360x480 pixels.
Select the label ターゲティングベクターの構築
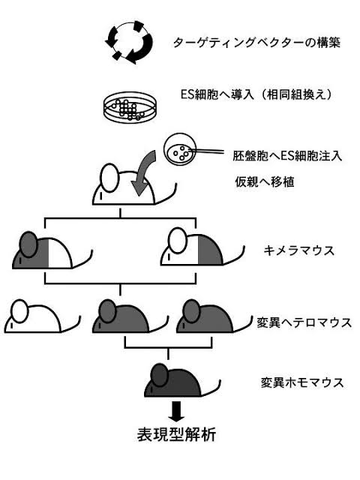point(256,43)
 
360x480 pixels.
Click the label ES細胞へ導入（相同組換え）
point(256,94)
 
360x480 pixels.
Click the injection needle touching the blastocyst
point(208,150)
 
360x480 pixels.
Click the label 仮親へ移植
point(265,182)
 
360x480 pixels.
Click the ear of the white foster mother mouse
point(109,178)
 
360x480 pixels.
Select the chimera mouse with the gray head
point(52,250)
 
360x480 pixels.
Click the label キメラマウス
point(298,251)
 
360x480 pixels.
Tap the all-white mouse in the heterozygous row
point(42,316)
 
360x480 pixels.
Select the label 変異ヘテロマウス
point(304,323)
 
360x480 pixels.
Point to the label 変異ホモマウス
point(302,382)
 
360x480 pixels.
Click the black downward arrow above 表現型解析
point(177,411)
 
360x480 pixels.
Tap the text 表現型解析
point(177,434)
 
